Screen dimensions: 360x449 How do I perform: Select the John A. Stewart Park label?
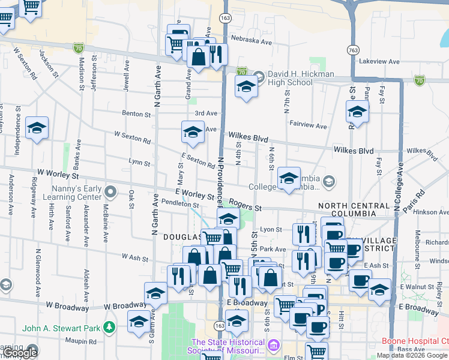click(61, 328)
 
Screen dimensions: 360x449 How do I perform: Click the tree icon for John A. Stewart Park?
click(109, 327)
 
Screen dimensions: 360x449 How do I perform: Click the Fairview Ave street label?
click(308, 127)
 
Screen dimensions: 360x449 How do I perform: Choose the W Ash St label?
click(134, 257)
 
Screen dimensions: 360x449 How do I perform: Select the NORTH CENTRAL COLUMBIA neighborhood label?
click(354, 209)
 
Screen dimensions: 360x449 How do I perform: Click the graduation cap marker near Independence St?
click(37, 128)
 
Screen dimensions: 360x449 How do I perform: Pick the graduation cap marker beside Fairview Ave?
click(357, 112)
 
